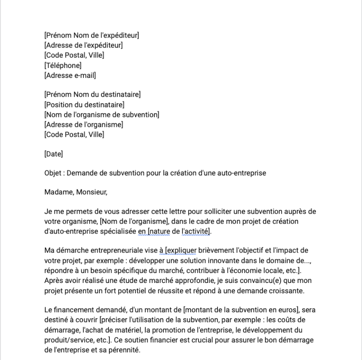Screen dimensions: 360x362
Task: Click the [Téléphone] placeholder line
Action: pyautogui.click(x=63, y=65)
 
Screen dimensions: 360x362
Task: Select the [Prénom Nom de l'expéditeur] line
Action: pyautogui.click(x=92, y=36)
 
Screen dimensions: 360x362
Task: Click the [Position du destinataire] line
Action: pyautogui.click(x=84, y=105)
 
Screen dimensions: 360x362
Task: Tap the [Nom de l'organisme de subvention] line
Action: pyautogui.click(x=102, y=115)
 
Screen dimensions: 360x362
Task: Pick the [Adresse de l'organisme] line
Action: pyautogui.click(x=84, y=124)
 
